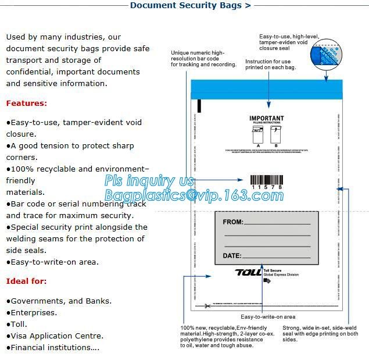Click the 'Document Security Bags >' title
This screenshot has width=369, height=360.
pos(190,6)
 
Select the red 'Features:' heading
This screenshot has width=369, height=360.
pos(27,104)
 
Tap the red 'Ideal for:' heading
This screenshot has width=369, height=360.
pos(27,281)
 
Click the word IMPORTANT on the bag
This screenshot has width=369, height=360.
pos(267,119)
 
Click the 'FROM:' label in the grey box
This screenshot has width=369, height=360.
pos(234,222)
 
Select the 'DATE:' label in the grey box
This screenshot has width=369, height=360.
pos(232,256)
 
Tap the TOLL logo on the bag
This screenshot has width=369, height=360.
pos(248,272)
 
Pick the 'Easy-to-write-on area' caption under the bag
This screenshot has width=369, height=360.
pos(268,317)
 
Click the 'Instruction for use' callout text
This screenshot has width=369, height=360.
pos(268,65)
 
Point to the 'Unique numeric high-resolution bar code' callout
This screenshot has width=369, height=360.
pos(203,59)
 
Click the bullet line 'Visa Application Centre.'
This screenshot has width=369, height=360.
pos(55,336)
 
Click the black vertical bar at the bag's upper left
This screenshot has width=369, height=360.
pos(199,106)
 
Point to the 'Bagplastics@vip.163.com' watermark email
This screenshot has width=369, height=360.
pos(194,195)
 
